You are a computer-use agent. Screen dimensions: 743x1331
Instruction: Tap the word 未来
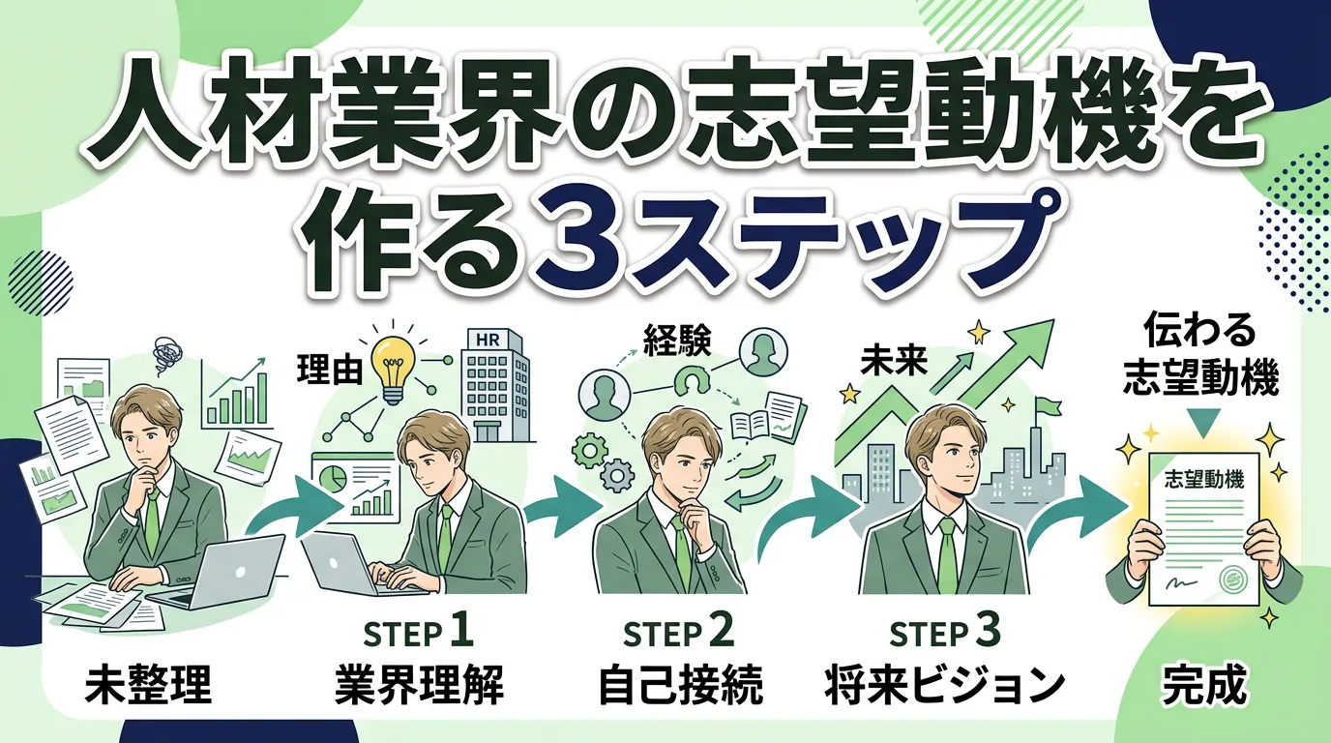click(893, 363)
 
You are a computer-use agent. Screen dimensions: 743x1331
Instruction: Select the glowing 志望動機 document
click(1203, 527)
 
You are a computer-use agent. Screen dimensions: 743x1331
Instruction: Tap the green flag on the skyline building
click(1045, 408)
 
